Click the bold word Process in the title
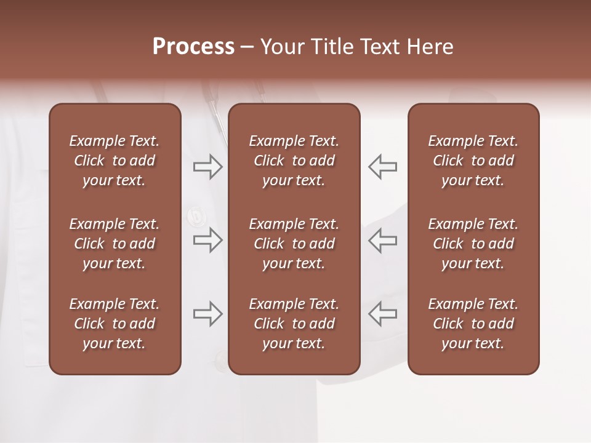193,47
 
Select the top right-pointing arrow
208,167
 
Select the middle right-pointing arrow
208,240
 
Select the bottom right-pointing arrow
208,314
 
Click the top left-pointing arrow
382,167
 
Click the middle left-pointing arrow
382,240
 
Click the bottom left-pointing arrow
382,314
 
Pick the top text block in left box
115,161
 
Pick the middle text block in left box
115,244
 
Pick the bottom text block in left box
115,324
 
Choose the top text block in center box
294,161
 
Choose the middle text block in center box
294,244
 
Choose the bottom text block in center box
294,324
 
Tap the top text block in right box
473,161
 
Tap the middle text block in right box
473,244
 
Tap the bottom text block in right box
473,324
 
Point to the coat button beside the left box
195,216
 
